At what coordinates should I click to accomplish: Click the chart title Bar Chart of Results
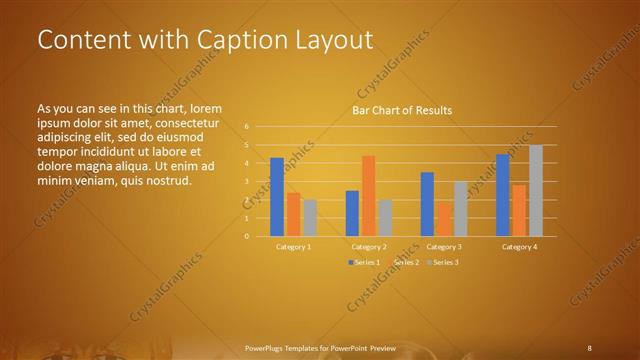(x=401, y=110)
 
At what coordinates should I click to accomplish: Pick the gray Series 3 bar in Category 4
(x=536, y=191)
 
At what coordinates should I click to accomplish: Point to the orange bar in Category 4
(x=519, y=210)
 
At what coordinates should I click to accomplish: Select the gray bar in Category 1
(x=310, y=218)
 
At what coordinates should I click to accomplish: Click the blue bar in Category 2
(x=352, y=213)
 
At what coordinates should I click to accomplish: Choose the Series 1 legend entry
(x=363, y=262)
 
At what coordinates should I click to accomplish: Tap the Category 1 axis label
(x=294, y=246)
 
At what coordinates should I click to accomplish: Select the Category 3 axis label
(x=444, y=246)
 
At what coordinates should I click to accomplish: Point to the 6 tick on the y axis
(x=246, y=127)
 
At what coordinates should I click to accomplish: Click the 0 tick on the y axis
(x=246, y=237)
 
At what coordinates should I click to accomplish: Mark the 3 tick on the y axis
(x=246, y=182)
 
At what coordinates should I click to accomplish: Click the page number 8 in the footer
(x=589, y=347)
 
